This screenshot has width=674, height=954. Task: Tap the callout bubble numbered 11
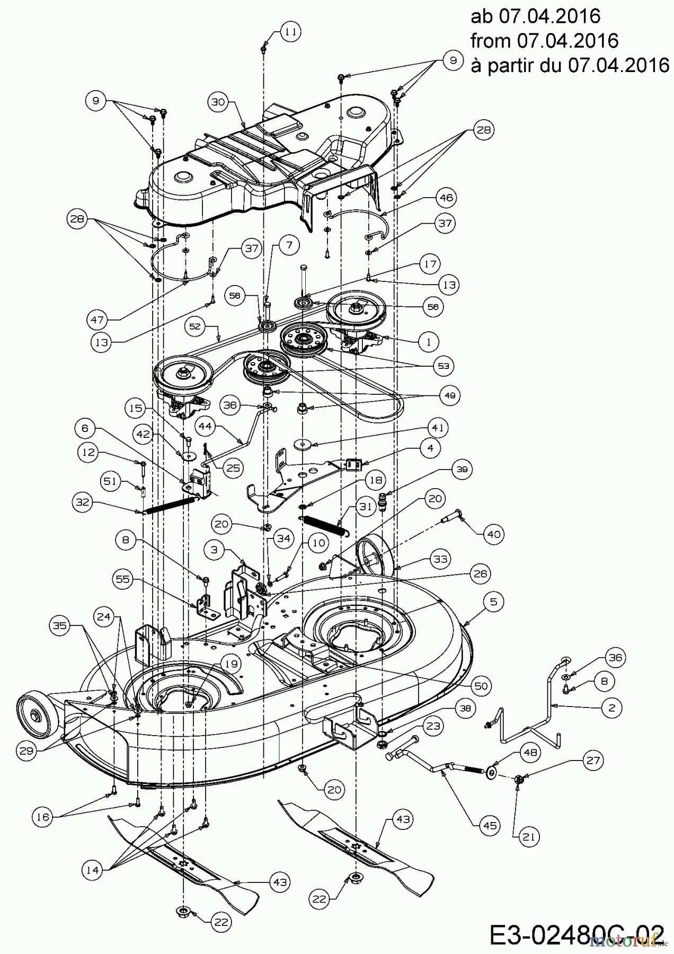(x=290, y=32)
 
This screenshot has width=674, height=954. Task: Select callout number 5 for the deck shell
(x=493, y=602)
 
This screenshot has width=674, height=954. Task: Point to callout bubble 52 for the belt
(x=196, y=326)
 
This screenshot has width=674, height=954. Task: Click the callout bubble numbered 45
(x=490, y=825)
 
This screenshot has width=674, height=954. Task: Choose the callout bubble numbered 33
(x=440, y=559)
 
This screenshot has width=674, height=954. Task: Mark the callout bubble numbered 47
(x=98, y=320)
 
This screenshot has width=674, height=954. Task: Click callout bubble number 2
(x=612, y=707)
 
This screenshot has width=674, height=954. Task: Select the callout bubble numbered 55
(x=122, y=579)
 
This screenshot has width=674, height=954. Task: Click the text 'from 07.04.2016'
(x=545, y=40)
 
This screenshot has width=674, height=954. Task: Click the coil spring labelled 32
(x=169, y=505)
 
